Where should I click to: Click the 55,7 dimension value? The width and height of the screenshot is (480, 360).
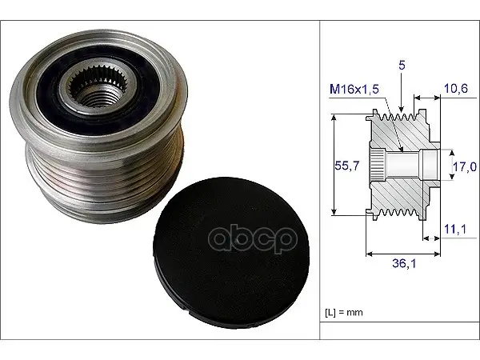pos(347,166)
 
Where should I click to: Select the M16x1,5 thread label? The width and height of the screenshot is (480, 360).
pos(354,89)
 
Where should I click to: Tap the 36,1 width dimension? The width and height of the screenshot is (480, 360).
pos(404,263)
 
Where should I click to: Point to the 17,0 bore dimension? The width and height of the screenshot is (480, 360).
pos(465,166)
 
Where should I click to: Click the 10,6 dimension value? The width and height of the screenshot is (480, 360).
pos(456,89)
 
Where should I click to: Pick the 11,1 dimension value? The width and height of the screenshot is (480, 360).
pos(455,229)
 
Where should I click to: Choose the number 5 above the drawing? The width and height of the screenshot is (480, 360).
pos(402,66)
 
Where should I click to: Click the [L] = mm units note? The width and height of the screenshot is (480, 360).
pos(344,312)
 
